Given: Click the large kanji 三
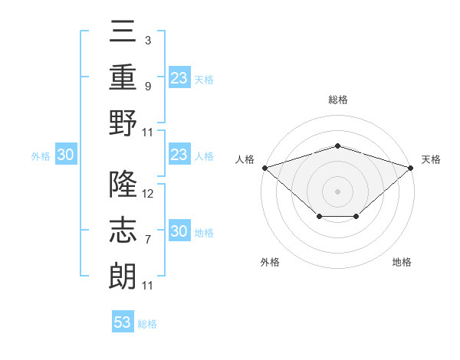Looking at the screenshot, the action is (x=123, y=31).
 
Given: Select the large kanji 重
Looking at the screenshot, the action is (x=123, y=77).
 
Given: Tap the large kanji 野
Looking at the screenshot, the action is (x=123, y=123).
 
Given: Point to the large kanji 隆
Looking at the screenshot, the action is (x=123, y=184).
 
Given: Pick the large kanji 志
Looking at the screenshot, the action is (x=123, y=230).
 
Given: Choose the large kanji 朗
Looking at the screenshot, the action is (x=123, y=277).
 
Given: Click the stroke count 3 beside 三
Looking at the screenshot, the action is (x=148, y=41).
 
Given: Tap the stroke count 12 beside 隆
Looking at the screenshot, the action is (x=147, y=194).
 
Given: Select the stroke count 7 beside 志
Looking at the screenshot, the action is (x=148, y=240).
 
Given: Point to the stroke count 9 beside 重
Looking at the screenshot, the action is (x=148, y=87).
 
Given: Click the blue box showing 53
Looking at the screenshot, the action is (x=123, y=321).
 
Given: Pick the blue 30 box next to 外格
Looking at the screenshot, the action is (x=66, y=154).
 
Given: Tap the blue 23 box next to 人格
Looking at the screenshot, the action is (x=179, y=154).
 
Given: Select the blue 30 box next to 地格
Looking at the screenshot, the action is (x=179, y=230).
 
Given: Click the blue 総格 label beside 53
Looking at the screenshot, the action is (x=147, y=324).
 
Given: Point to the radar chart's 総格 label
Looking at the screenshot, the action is (x=338, y=100).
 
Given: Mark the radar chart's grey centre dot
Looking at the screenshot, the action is (x=337, y=191).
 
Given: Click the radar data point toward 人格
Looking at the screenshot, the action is (x=265, y=168).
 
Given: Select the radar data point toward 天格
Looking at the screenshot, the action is (x=411, y=168).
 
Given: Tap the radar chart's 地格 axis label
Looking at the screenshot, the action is (x=402, y=262).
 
